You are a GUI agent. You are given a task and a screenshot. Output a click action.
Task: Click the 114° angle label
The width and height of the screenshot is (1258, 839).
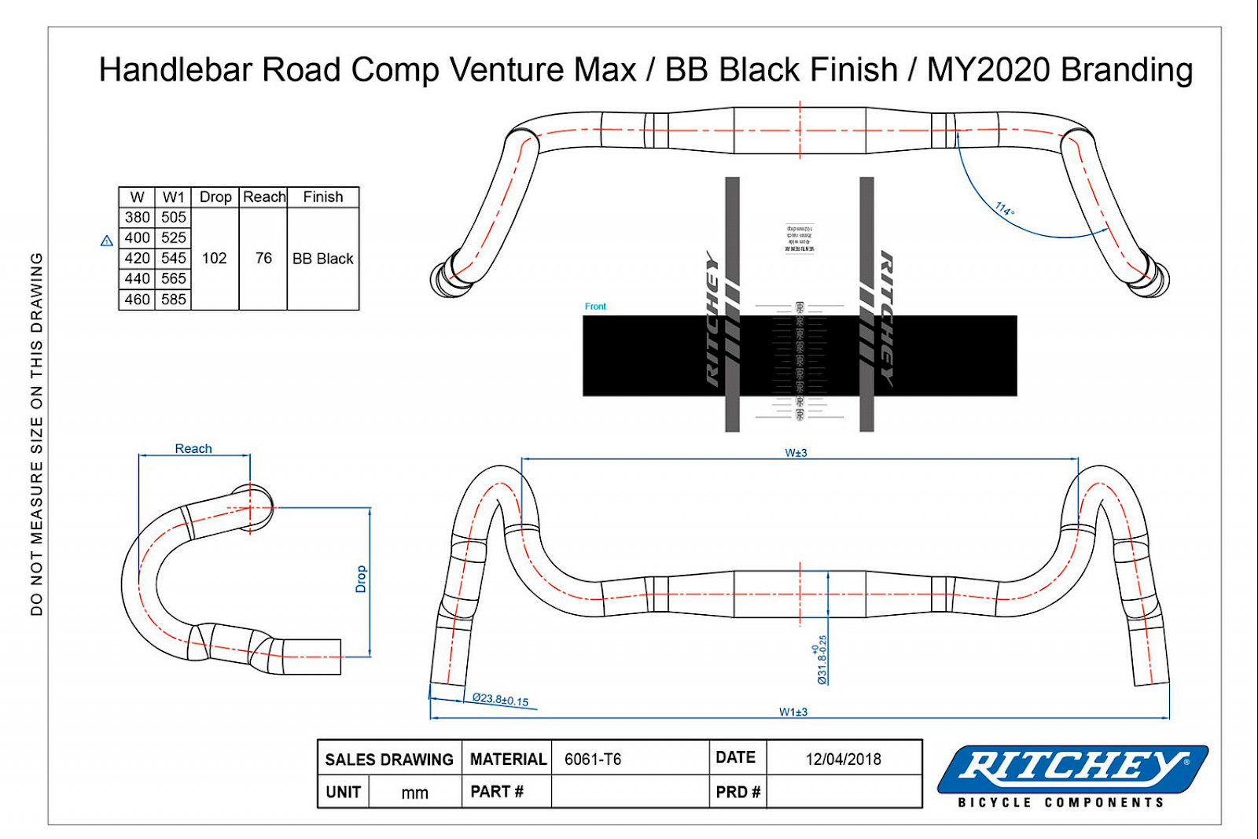pyautogui.click(x=1005, y=209)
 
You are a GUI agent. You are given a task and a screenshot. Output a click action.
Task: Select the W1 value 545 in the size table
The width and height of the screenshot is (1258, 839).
pyautogui.click(x=174, y=258)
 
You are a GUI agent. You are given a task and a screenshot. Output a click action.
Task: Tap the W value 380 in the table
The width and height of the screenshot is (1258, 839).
pyautogui.click(x=137, y=217)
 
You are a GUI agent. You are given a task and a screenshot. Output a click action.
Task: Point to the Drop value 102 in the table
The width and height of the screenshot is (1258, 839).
pyautogui.click(x=214, y=258)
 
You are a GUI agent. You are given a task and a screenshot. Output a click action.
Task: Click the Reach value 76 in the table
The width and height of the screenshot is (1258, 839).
pyautogui.click(x=263, y=258)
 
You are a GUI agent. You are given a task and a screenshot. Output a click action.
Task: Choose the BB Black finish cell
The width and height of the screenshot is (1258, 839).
pyautogui.click(x=323, y=259)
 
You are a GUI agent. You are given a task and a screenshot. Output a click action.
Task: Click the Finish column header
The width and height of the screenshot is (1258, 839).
pyautogui.click(x=323, y=197)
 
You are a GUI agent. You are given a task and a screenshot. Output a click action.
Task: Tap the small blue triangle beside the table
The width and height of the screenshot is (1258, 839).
pyautogui.click(x=107, y=241)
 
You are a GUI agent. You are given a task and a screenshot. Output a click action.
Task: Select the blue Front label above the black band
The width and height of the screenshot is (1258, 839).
pyautogui.click(x=595, y=306)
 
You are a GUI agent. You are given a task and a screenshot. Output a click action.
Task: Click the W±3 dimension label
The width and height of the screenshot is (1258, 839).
pyautogui.click(x=796, y=453)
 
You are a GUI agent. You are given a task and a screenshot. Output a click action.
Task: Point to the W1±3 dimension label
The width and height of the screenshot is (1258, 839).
pyautogui.click(x=793, y=712)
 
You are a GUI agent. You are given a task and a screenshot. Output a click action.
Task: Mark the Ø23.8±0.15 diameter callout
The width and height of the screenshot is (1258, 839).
pyautogui.click(x=501, y=699)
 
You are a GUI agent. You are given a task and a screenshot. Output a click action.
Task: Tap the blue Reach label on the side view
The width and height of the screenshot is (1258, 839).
pyautogui.click(x=193, y=448)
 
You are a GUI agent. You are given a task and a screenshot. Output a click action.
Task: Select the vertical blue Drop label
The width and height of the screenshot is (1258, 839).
pyautogui.click(x=361, y=579)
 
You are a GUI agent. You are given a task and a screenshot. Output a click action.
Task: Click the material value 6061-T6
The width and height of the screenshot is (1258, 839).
pyautogui.click(x=593, y=759)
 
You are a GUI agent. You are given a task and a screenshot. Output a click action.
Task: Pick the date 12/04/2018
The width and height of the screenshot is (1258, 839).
pyautogui.click(x=843, y=759)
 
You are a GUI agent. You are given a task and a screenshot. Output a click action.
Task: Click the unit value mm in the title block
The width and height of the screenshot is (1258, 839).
pyautogui.click(x=414, y=793)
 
